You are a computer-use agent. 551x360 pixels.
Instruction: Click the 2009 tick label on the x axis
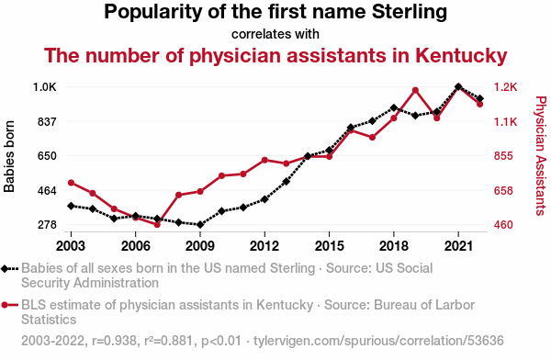tap(200, 246)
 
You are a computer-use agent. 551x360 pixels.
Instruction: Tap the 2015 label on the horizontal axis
tap(330, 246)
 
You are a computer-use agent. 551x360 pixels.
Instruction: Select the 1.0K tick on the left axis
tap(45, 87)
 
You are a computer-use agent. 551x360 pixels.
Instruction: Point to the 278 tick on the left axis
tap(47, 225)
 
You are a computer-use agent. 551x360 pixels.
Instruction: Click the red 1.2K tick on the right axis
tap(506, 87)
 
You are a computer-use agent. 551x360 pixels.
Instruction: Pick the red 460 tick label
tap(503, 225)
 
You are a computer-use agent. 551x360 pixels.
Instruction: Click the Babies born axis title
tap(9, 156)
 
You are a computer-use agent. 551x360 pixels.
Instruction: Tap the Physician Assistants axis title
tap(541, 156)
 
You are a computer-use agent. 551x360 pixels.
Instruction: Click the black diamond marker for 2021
tap(458, 87)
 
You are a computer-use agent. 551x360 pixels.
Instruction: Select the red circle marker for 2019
tap(415, 90)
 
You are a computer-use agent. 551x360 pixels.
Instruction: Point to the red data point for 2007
tap(157, 225)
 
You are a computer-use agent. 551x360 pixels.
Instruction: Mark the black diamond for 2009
tap(200, 224)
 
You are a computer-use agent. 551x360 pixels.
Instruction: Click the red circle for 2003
tap(71, 183)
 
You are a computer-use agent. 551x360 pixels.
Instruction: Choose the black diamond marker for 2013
tap(286, 182)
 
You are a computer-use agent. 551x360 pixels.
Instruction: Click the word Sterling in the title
tap(410, 12)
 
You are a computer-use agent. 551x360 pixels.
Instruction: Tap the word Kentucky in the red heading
tap(461, 56)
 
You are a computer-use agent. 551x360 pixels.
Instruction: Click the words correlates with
tap(275, 34)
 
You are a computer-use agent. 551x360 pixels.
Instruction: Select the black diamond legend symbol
tap(5, 269)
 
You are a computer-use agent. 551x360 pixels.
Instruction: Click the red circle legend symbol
tap(5, 305)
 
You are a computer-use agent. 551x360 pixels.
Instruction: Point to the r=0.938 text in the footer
tap(114, 341)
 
